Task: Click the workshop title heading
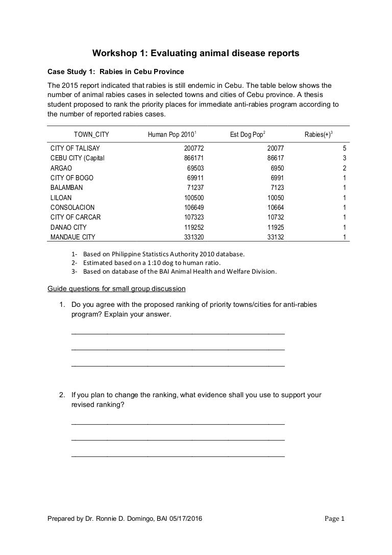point(195,53)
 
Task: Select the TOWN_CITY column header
point(91,135)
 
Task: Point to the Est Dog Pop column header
point(248,135)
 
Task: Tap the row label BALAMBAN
point(66,187)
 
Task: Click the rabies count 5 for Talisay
point(345,148)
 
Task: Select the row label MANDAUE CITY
point(72,237)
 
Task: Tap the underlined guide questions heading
point(116,289)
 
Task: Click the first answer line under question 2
point(178,423)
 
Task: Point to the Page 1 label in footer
point(335,519)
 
